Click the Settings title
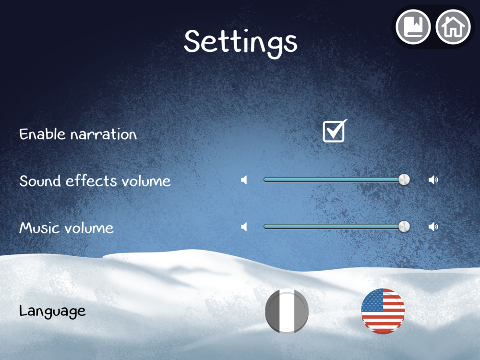(x=240, y=43)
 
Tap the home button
(x=453, y=27)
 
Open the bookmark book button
(x=413, y=27)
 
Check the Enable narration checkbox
(x=335, y=131)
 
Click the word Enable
(x=42, y=134)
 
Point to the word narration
(x=104, y=135)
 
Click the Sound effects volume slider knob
(x=404, y=180)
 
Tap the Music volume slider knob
(x=404, y=227)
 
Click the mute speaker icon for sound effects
(x=244, y=180)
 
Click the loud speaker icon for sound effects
(x=433, y=180)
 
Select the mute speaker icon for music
(x=244, y=227)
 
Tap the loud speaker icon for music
(x=433, y=227)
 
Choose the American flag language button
(x=383, y=311)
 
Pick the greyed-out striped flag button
(x=287, y=311)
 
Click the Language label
(x=52, y=312)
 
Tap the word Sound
(x=40, y=181)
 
